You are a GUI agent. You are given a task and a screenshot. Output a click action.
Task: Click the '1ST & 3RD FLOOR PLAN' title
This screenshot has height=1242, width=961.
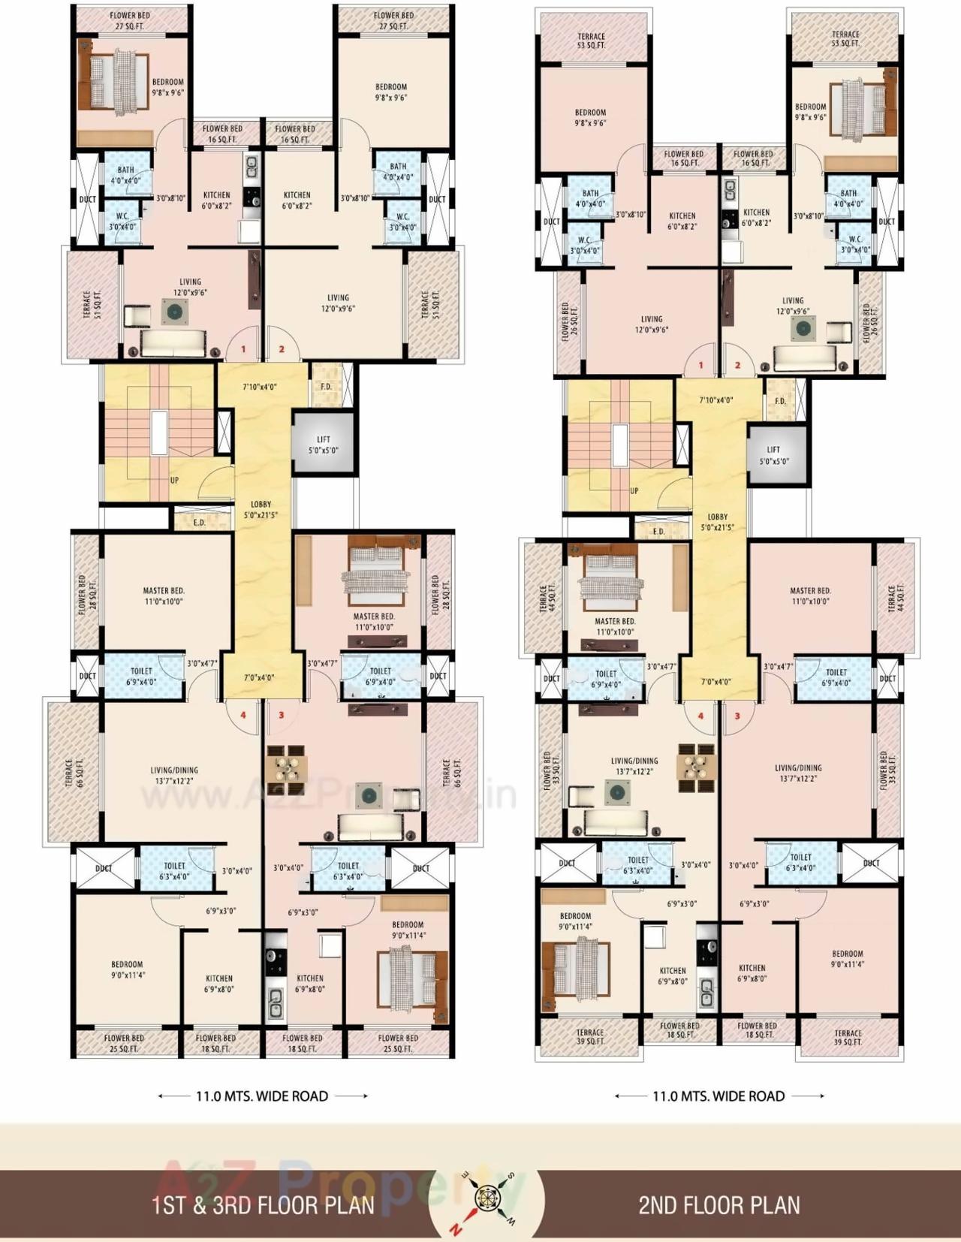coord(263,1205)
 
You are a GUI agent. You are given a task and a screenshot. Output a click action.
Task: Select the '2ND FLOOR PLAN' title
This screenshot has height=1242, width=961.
coord(718,1205)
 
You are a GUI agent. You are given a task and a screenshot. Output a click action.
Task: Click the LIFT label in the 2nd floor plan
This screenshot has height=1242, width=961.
coord(773,455)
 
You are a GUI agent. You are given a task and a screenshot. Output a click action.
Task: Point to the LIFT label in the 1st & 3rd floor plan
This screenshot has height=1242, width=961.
coord(323,445)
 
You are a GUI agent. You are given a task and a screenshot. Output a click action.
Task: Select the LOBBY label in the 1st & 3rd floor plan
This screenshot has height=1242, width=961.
coord(261,509)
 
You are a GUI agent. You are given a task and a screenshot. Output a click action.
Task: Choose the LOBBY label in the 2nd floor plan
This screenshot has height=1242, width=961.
coord(717,522)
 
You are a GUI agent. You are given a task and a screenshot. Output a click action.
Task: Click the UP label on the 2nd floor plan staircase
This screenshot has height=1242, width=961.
coord(634,490)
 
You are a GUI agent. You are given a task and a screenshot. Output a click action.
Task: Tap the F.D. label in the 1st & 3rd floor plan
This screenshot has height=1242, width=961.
coord(326,387)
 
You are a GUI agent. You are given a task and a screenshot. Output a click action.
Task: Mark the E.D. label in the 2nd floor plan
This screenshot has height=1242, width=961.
coord(658,532)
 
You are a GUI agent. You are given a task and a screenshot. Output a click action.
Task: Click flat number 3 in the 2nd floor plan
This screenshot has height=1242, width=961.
coord(737,716)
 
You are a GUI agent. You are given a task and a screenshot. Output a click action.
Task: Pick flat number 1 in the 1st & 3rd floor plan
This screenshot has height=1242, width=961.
coord(243,349)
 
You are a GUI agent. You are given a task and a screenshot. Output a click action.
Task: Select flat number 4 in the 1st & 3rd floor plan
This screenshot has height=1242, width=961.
coord(243,715)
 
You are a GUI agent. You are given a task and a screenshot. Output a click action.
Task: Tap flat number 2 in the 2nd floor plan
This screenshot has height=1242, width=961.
coord(737,366)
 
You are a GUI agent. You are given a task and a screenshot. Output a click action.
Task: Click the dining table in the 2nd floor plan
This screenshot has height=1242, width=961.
coord(696,767)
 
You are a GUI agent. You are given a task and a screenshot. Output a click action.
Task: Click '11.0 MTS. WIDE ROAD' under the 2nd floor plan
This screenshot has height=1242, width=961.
coord(718,1096)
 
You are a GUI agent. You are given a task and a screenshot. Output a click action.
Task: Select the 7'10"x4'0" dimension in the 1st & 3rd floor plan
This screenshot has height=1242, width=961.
coord(260,387)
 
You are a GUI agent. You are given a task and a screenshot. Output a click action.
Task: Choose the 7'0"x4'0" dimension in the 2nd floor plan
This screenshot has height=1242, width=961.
coord(715,682)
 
